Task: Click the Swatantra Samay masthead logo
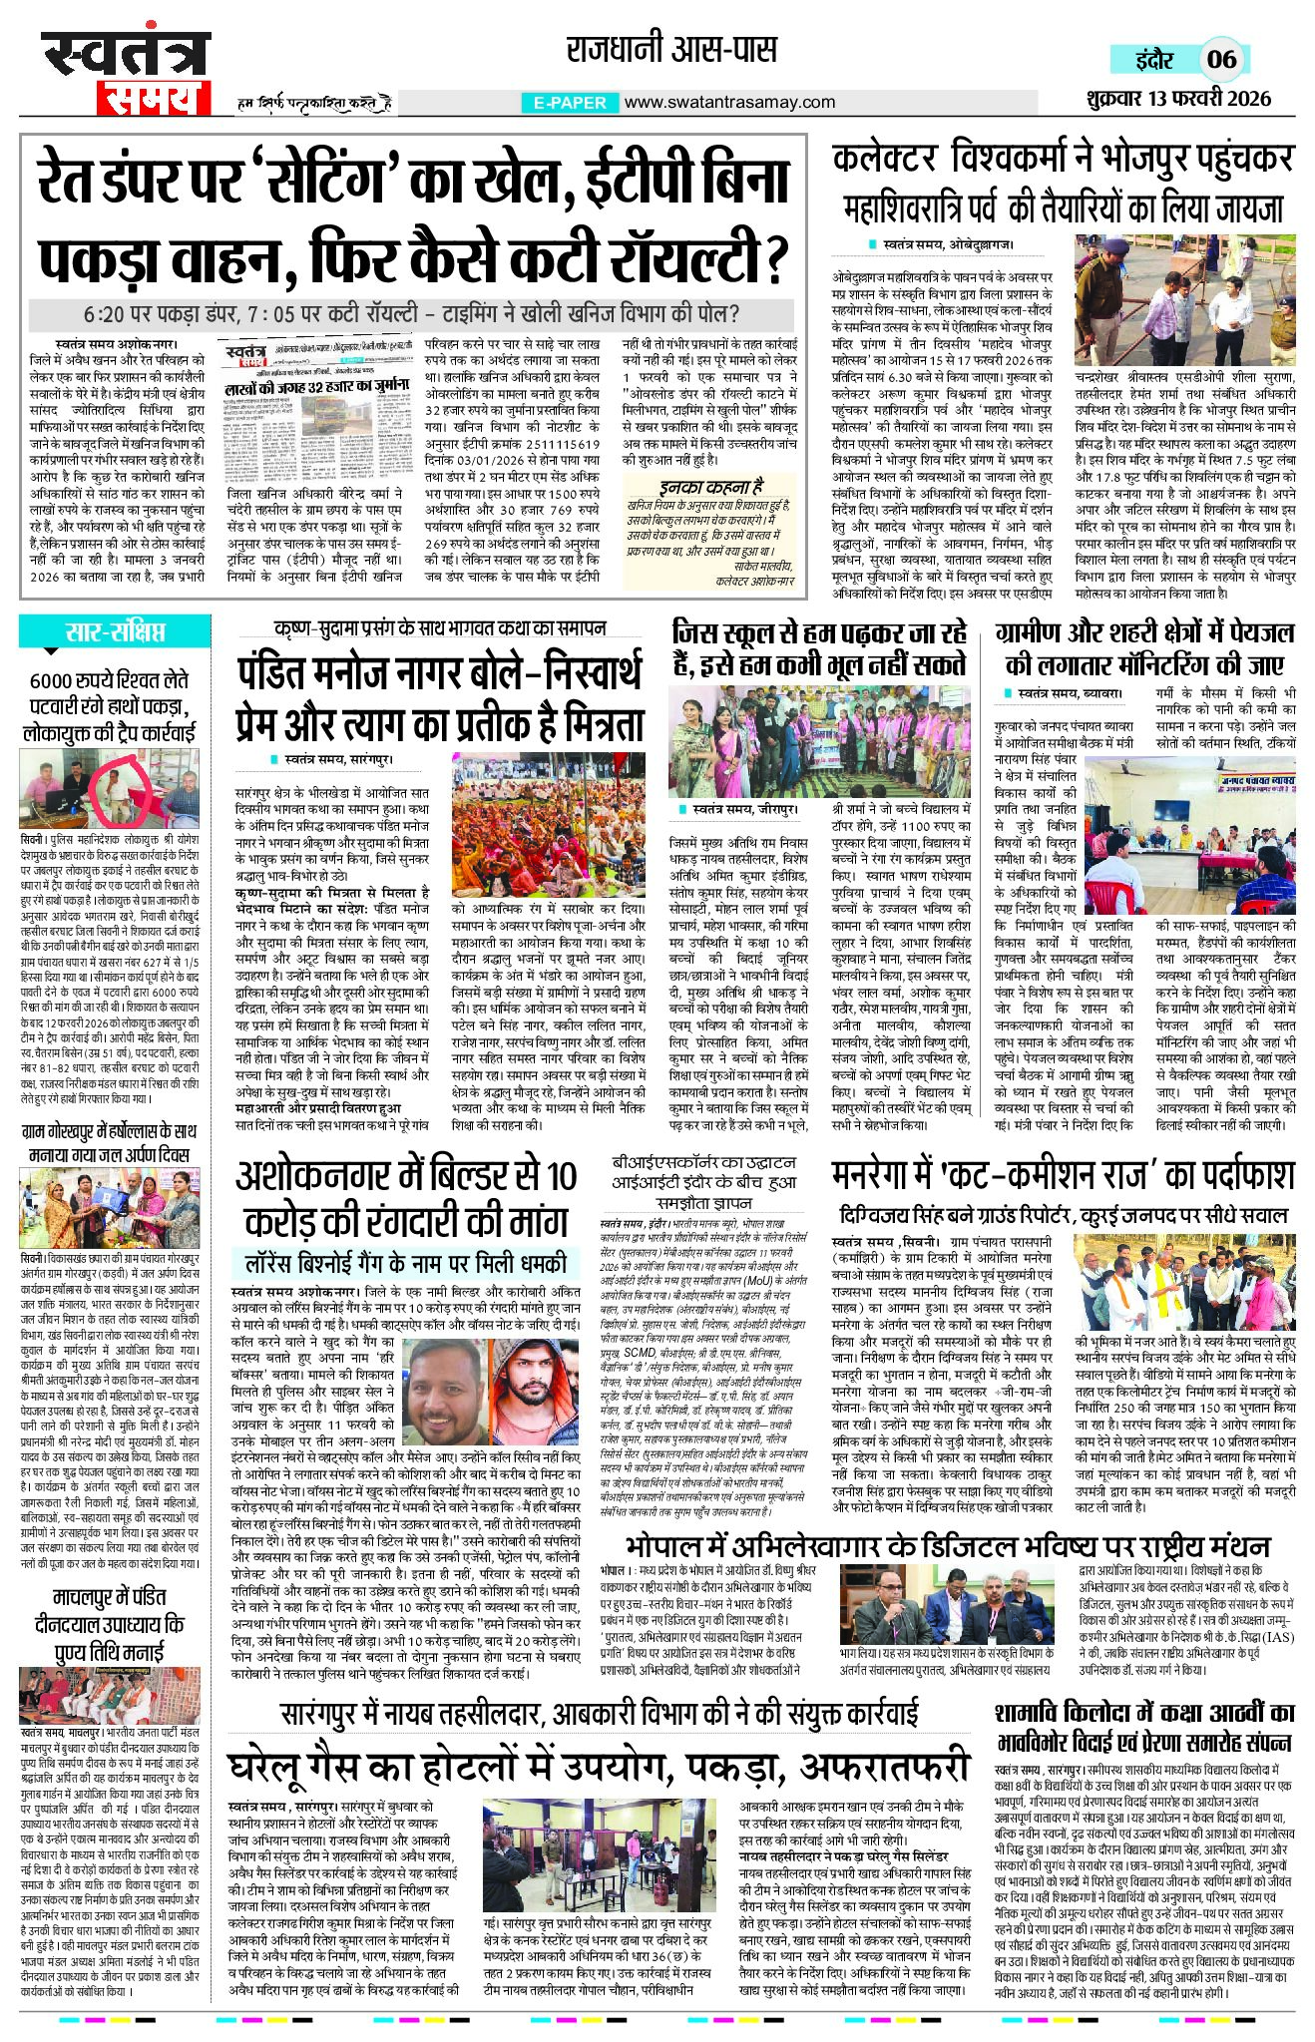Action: tap(126, 73)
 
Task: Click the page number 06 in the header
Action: tap(1221, 58)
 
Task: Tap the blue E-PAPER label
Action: tap(570, 103)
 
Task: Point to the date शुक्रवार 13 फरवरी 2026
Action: tap(1176, 99)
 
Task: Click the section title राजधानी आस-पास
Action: tap(671, 49)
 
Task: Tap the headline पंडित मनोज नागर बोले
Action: tap(440, 698)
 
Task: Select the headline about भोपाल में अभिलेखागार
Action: tap(947, 1547)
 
